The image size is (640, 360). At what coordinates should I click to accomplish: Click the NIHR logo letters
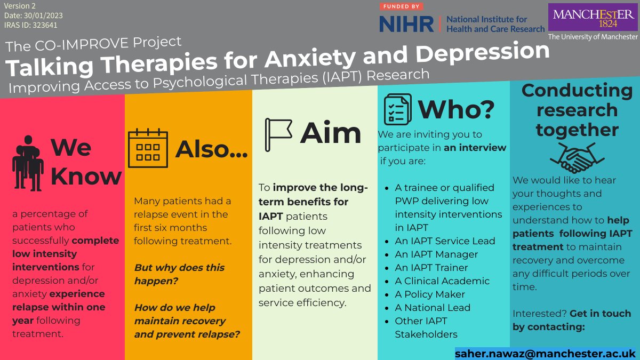pos(406,24)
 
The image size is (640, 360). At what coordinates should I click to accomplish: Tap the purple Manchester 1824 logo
pos(594,18)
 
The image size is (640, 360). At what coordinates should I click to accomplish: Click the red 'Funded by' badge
pos(402,6)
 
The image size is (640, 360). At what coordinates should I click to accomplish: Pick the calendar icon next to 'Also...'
pos(148,148)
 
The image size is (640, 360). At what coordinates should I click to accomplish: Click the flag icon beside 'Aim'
pos(278,134)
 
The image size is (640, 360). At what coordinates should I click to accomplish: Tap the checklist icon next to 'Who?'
pos(397,109)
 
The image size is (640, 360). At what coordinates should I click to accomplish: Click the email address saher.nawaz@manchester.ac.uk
pos(545,353)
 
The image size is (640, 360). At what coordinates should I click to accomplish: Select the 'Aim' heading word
pos(331,133)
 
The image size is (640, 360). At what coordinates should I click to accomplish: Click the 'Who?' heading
pos(457,109)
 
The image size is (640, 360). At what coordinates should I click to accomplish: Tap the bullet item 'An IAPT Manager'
pos(436,254)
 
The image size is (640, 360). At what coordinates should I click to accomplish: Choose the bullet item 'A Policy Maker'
pos(430,294)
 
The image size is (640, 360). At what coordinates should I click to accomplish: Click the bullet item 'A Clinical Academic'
pos(442,281)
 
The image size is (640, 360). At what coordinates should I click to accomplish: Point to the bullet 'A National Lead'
pos(433,308)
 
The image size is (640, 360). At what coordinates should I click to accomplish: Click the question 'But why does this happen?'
pos(179,274)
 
